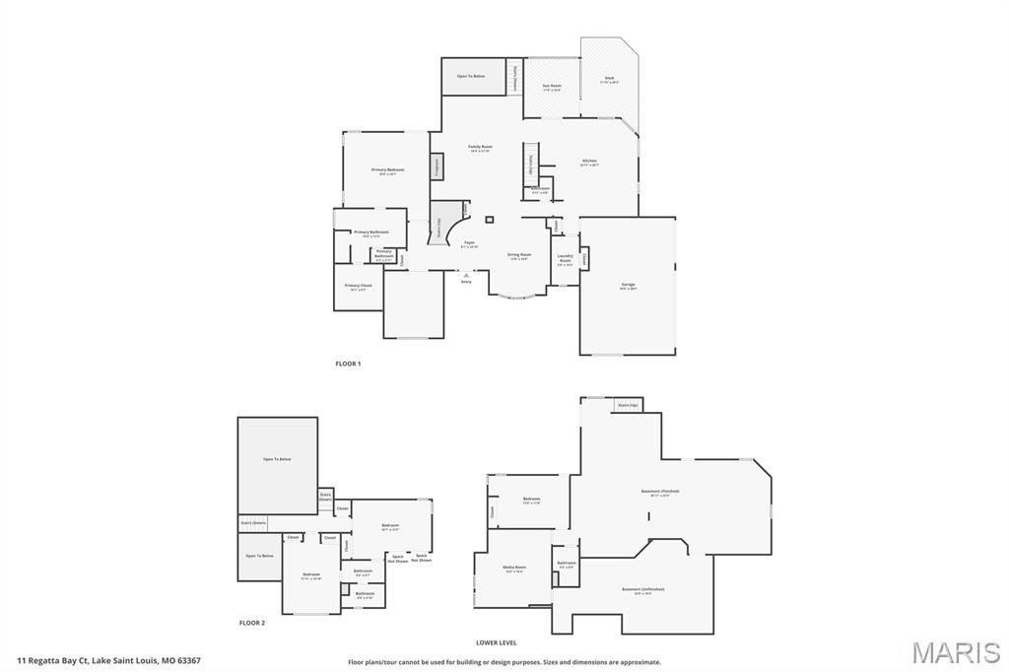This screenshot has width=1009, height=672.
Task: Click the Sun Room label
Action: pos(552,87)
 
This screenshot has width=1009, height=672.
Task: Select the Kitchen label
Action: pos(589,162)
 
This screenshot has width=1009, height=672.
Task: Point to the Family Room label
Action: pos(481,148)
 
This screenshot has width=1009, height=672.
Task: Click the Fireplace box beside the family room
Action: pos(437,167)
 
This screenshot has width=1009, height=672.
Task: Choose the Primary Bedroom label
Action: pos(388,171)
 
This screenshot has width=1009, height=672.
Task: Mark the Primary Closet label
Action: pos(359,287)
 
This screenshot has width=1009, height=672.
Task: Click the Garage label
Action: pos(628,286)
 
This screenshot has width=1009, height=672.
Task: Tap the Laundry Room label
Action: pos(566,258)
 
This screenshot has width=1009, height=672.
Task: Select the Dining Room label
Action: pos(519,255)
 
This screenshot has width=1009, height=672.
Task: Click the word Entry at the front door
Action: pos(466,282)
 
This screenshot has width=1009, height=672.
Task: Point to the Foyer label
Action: pos(469,243)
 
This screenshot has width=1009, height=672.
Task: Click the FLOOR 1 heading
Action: pos(348,365)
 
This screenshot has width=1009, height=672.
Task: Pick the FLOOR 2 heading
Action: pos(252,623)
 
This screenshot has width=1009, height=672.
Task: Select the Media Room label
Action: pos(515,568)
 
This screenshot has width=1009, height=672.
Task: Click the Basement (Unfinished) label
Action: pos(642,590)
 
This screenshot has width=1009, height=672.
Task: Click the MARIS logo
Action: pos(956,652)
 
